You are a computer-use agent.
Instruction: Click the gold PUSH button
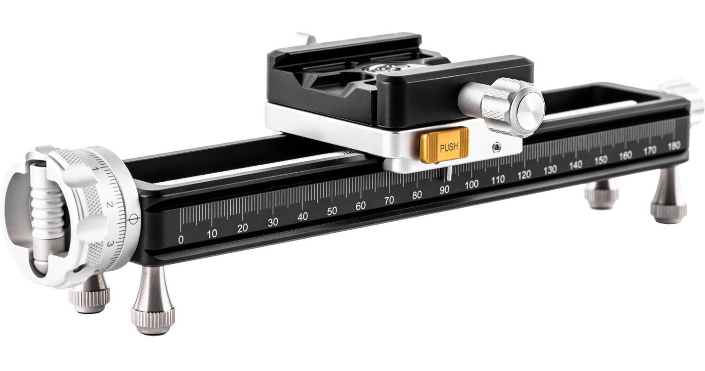(x=444, y=145)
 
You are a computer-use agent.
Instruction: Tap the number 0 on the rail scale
(x=180, y=240)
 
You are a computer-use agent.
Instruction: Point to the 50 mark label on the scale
(x=332, y=211)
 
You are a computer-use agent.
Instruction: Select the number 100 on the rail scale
(x=471, y=185)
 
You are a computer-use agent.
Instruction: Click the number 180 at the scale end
(x=674, y=145)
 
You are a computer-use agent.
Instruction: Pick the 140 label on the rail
(x=575, y=165)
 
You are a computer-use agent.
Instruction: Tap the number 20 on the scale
(x=243, y=228)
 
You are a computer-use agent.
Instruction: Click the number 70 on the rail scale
(x=389, y=200)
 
